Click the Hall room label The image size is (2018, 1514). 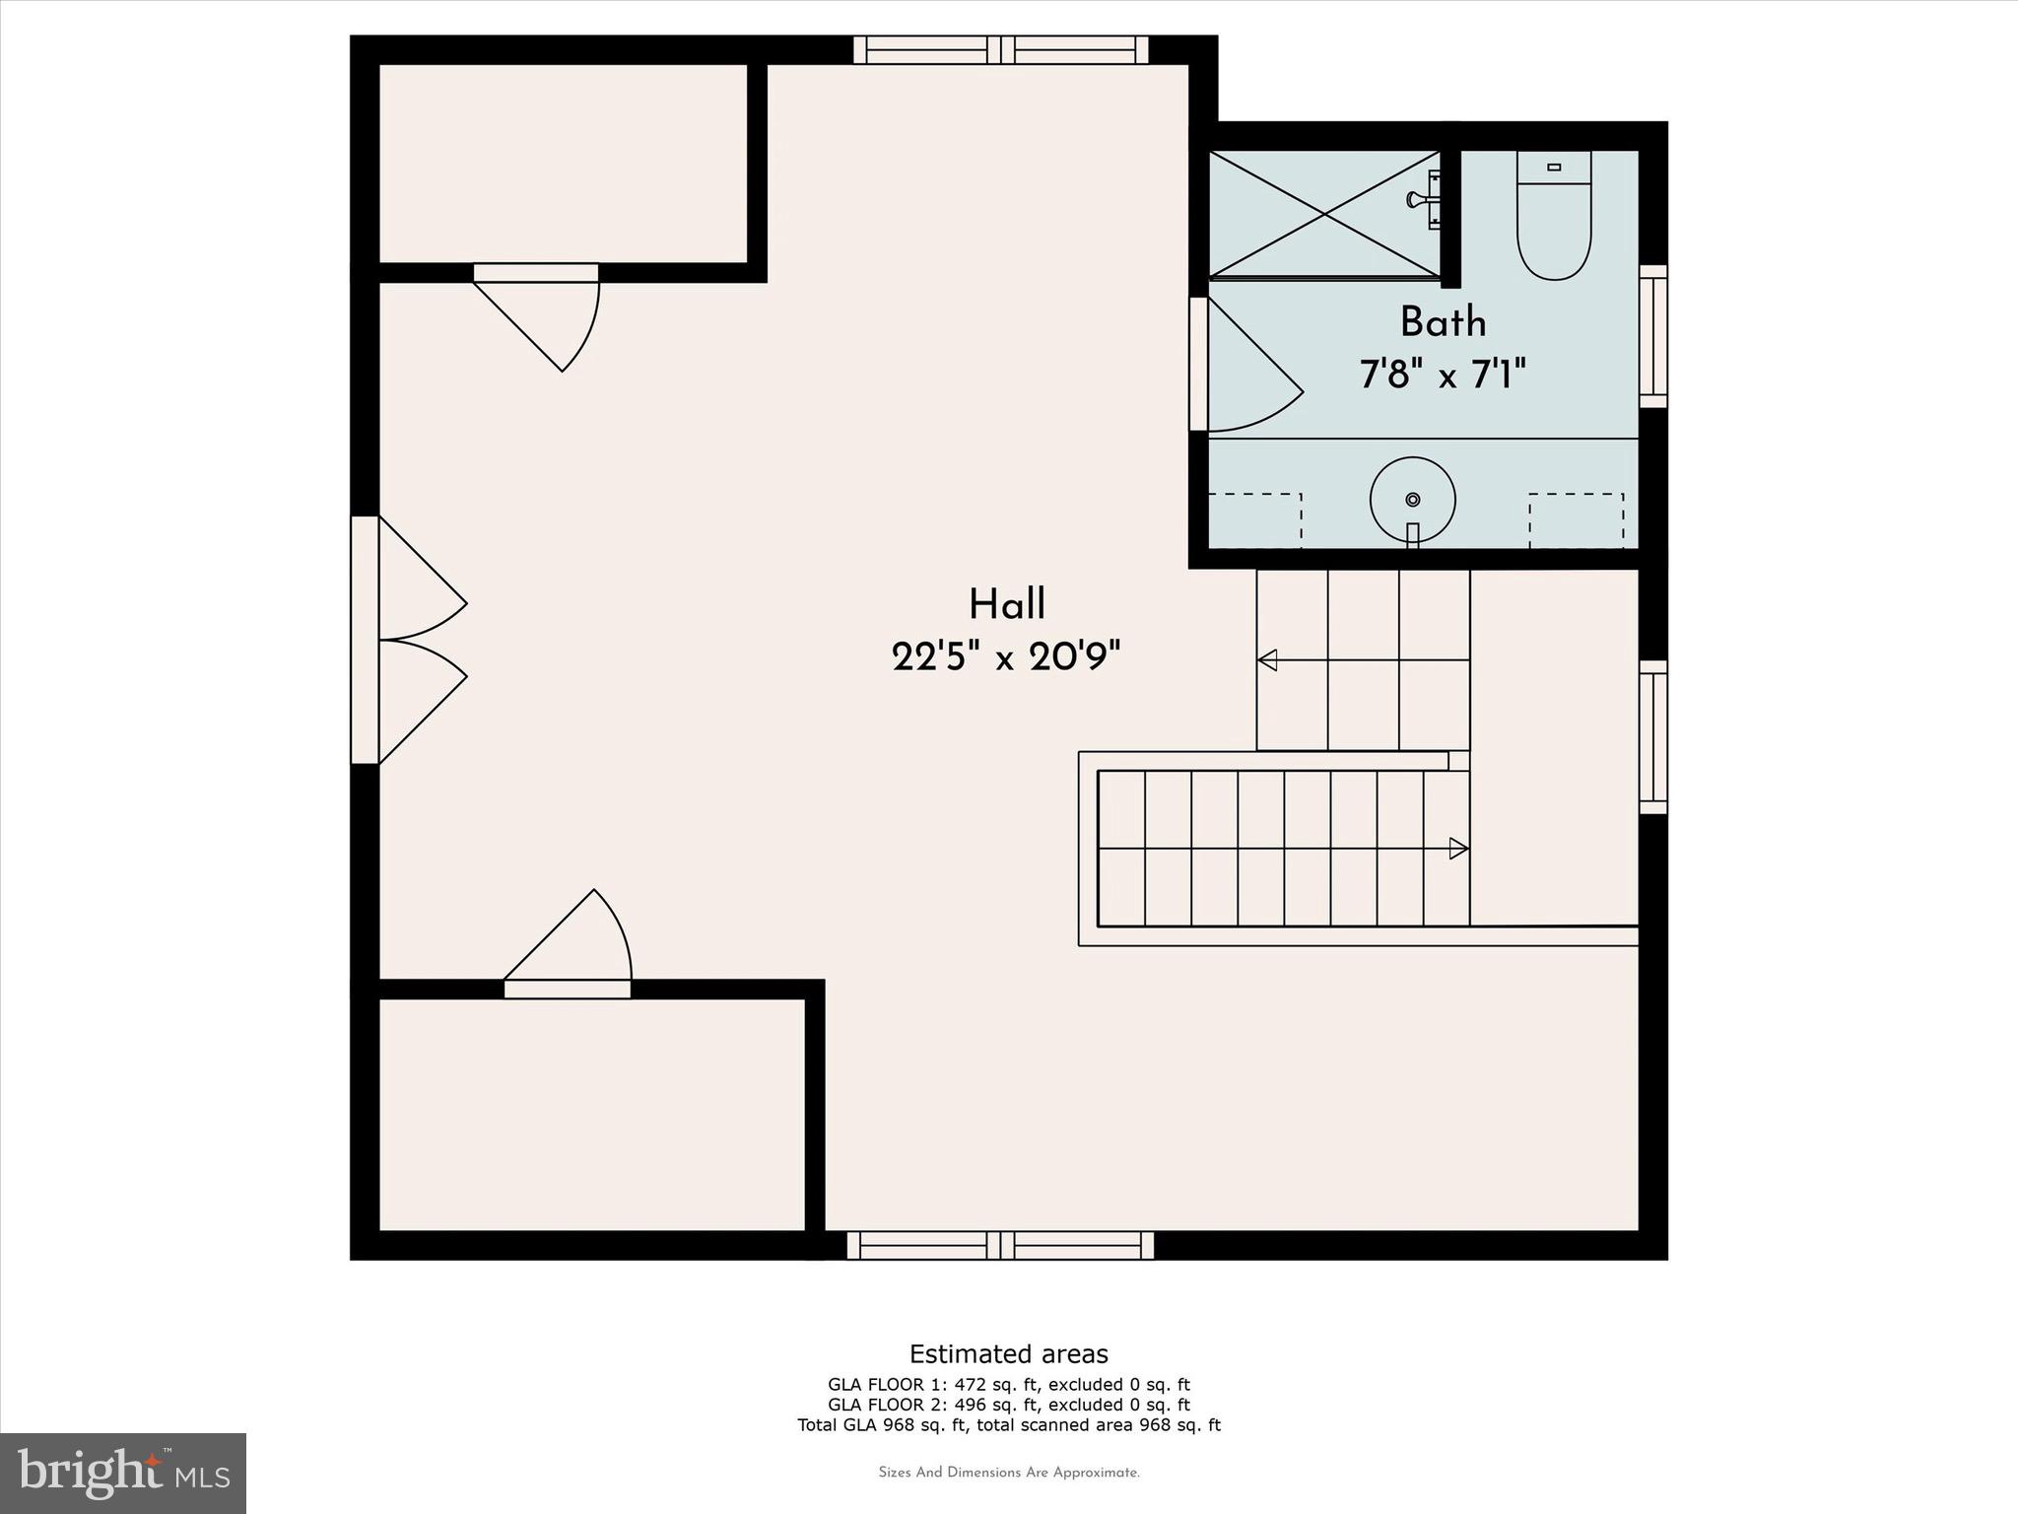pyautogui.click(x=1007, y=603)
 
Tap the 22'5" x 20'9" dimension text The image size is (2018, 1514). pyautogui.click(x=1007, y=656)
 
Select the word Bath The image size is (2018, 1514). pyautogui.click(x=1443, y=322)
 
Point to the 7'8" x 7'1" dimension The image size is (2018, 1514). pyautogui.click(x=1443, y=375)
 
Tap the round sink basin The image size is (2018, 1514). pyautogui.click(x=1412, y=499)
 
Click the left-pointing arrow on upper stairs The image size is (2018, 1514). pyautogui.click(x=1268, y=660)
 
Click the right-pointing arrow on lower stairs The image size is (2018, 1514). pyautogui.click(x=1458, y=848)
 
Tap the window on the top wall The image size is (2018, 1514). pyautogui.click(x=1001, y=49)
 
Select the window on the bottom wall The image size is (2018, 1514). pyautogui.click(x=1000, y=1245)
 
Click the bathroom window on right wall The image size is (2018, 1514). pyautogui.click(x=1652, y=335)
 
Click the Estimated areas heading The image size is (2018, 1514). pyautogui.click(x=1008, y=1354)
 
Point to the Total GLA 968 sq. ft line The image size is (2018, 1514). pyautogui.click(x=1008, y=1424)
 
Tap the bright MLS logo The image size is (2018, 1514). pyautogui.click(x=123, y=1473)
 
